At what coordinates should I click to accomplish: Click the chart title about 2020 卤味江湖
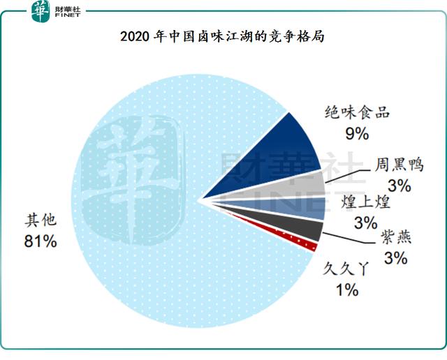point(222,37)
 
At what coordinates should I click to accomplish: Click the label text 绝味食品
point(357,112)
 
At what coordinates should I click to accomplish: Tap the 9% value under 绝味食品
point(357,133)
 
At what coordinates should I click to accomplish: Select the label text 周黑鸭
point(399,165)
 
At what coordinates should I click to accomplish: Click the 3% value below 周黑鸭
point(399,186)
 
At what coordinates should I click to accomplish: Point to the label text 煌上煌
point(365,202)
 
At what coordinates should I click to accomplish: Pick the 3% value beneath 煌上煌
point(366,223)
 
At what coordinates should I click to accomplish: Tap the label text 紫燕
point(396,237)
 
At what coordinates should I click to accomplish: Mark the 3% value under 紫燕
point(396,258)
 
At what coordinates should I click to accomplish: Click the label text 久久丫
point(346,269)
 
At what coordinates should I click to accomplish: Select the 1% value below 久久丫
point(347,290)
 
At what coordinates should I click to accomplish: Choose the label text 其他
point(41,220)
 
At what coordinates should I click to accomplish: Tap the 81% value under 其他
point(41,241)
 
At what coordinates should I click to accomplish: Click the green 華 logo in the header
point(41,11)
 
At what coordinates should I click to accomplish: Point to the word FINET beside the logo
point(68,15)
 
